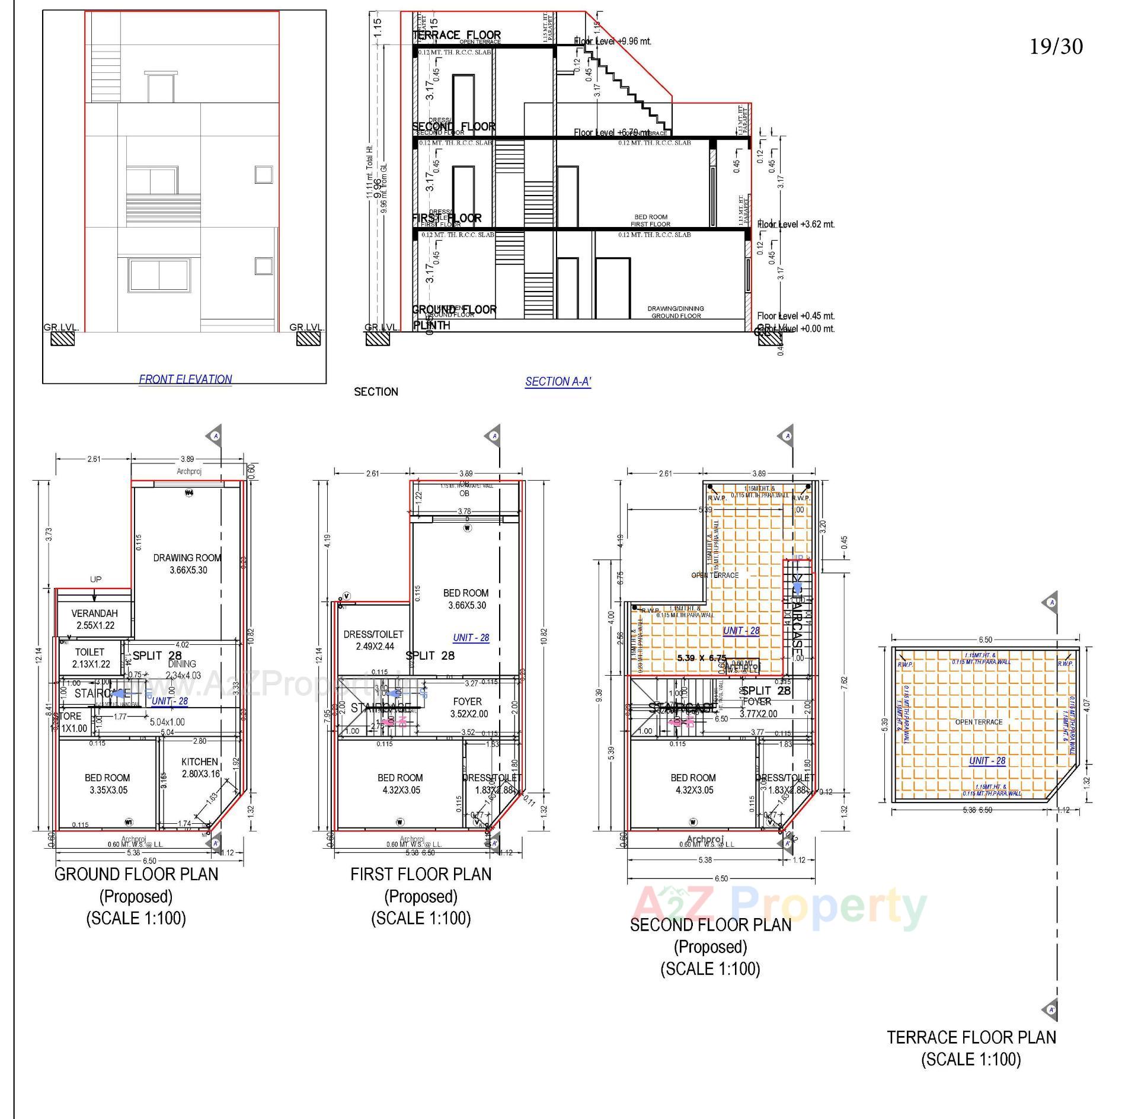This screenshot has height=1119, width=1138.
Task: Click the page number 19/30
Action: (x=1056, y=47)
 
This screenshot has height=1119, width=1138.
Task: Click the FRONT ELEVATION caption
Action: (x=185, y=379)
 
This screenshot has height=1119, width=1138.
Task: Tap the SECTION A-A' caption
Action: (x=558, y=382)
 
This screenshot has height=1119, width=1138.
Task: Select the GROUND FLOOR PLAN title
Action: (x=136, y=874)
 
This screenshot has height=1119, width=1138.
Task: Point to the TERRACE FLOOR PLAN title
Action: (x=971, y=1037)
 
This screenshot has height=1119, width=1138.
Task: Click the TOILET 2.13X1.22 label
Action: (x=90, y=658)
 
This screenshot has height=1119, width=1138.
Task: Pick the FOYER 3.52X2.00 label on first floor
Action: (x=467, y=708)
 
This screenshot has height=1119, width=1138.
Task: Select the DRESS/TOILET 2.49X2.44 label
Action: (x=373, y=640)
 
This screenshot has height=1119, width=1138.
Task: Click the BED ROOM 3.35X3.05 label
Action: (x=107, y=784)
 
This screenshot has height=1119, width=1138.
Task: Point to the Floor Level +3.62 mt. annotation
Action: (x=795, y=225)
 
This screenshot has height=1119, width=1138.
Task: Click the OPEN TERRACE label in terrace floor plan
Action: (x=979, y=722)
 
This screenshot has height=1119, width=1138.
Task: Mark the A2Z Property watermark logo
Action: (x=779, y=907)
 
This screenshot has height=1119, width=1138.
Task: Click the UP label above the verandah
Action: (x=95, y=579)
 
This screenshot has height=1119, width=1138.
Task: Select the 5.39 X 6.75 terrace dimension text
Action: (x=701, y=657)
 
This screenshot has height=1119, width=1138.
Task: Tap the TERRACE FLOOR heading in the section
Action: (x=456, y=35)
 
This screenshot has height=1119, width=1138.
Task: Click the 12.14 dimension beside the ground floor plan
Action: (x=38, y=655)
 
